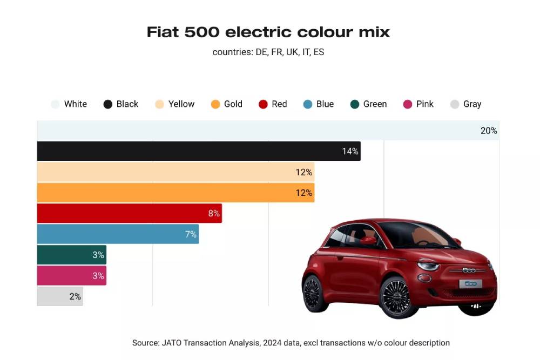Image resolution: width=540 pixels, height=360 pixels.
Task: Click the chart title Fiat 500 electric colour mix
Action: tap(268, 32)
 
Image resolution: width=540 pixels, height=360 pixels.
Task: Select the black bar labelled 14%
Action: tap(198, 151)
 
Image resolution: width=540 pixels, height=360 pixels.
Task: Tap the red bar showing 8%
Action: tap(129, 213)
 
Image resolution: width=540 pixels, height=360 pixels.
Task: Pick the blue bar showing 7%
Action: tap(117, 234)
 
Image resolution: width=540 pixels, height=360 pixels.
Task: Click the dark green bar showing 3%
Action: tap(71, 255)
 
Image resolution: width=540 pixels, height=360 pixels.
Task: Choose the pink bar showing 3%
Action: tap(71, 275)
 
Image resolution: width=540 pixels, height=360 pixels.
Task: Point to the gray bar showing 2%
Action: tap(59, 296)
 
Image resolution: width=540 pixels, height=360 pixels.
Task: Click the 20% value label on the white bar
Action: tap(488, 131)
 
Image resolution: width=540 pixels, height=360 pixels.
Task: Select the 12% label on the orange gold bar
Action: tap(303, 193)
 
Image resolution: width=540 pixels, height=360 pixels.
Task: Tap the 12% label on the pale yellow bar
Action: tap(303, 172)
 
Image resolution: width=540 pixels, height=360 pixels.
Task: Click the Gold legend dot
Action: tap(215, 104)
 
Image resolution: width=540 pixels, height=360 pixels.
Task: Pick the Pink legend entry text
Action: tap(424, 104)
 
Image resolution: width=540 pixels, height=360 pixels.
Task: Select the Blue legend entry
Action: tap(325, 104)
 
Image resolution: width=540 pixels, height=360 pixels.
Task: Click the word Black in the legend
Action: tap(127, 104)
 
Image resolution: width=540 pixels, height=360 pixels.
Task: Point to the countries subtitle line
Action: tap(268, 52)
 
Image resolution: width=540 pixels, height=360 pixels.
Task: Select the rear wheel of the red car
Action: tap(313, 293)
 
